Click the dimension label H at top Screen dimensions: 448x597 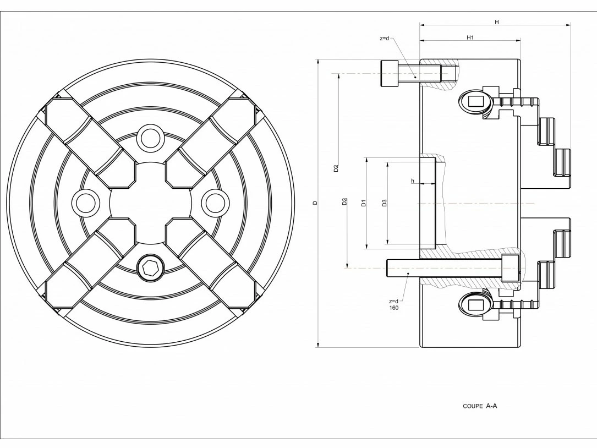496,21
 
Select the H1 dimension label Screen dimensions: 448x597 470,37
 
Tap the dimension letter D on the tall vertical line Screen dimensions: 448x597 315,203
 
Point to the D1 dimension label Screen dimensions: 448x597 363,203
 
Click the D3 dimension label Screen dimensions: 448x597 385,203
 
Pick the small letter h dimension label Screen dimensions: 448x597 412,181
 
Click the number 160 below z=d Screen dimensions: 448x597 393,308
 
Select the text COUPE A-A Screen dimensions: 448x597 480,406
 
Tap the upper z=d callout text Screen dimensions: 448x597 384,39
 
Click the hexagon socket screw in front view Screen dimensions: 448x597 150,269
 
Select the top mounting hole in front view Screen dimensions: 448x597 150,138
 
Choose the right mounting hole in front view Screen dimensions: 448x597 215,203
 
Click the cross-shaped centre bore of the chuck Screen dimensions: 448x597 150,203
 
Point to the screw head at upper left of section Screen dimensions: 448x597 390,73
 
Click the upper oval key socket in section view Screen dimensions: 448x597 474,102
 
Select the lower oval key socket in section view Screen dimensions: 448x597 474,304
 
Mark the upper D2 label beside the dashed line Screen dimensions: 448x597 336,168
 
